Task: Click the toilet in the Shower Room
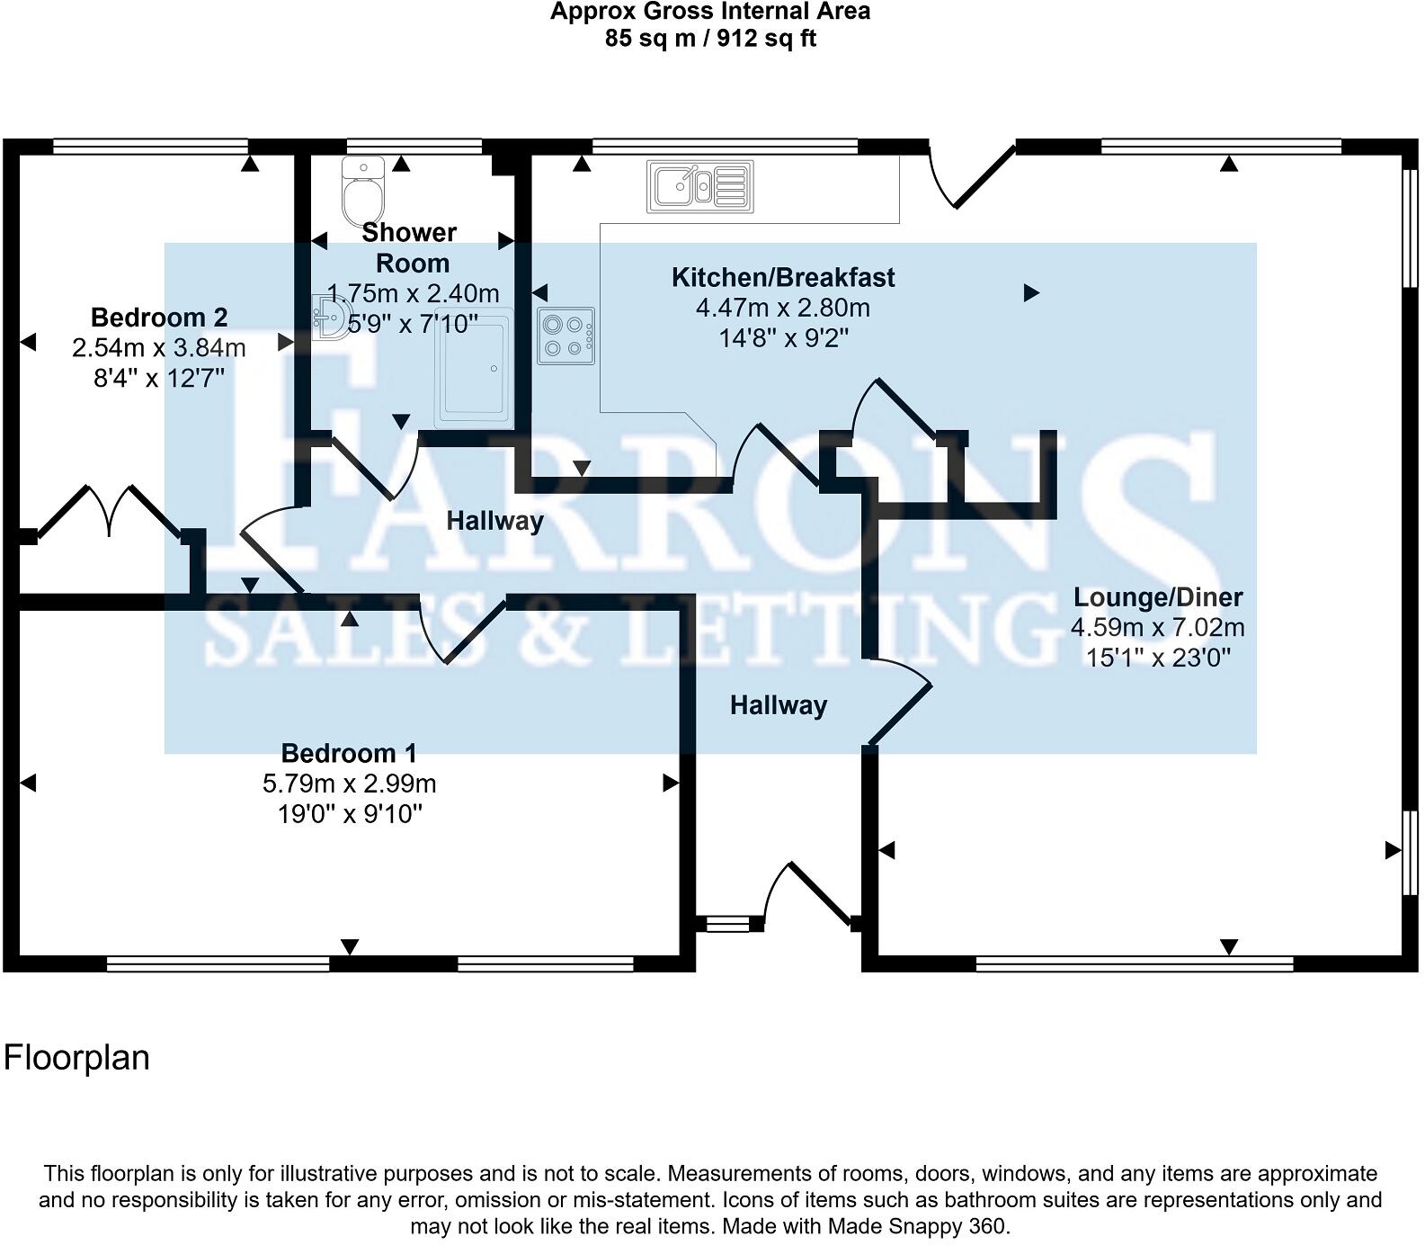pos(363,193)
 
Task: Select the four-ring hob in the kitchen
pos(566,336)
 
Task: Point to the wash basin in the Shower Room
pos(330,318)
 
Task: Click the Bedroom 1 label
pos(349,752)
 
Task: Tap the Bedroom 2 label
pos(159,317)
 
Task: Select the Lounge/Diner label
pos(1158,596)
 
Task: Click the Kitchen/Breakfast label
pos(783,277)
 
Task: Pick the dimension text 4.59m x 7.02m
pos(1158,627)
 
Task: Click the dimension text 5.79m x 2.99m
pos(349,784)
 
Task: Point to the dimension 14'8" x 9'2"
pos(784,338)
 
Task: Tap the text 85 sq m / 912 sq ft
pos(710,39)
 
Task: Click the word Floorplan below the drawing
pos(76,1057)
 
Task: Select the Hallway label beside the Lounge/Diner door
pos(779,705)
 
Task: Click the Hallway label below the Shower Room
pos(494,521)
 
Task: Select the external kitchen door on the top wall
pos(971,175)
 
